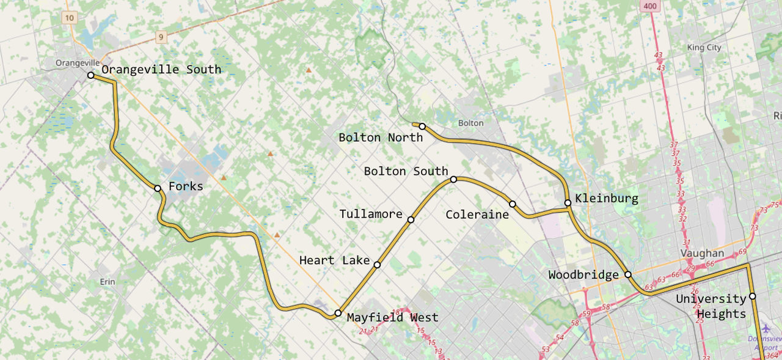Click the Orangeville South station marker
(90, 75)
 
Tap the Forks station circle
(158, 188)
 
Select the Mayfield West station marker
(338, 313)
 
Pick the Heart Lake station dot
(377, 265)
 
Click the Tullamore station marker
(411, 219)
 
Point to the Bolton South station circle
(454, 179)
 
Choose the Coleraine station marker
(513, 204)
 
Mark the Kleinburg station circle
(568, 202)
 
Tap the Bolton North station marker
(422, 126)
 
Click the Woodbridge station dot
(628, 274)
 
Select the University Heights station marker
(753, 296)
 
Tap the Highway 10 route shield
(70, 18)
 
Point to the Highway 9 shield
(161, 37)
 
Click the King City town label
(704, 48)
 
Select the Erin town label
(107, 282)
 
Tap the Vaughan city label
(703, 253)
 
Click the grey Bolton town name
(470, 123)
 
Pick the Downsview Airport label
(764, 343)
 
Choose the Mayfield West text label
(392, 317)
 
